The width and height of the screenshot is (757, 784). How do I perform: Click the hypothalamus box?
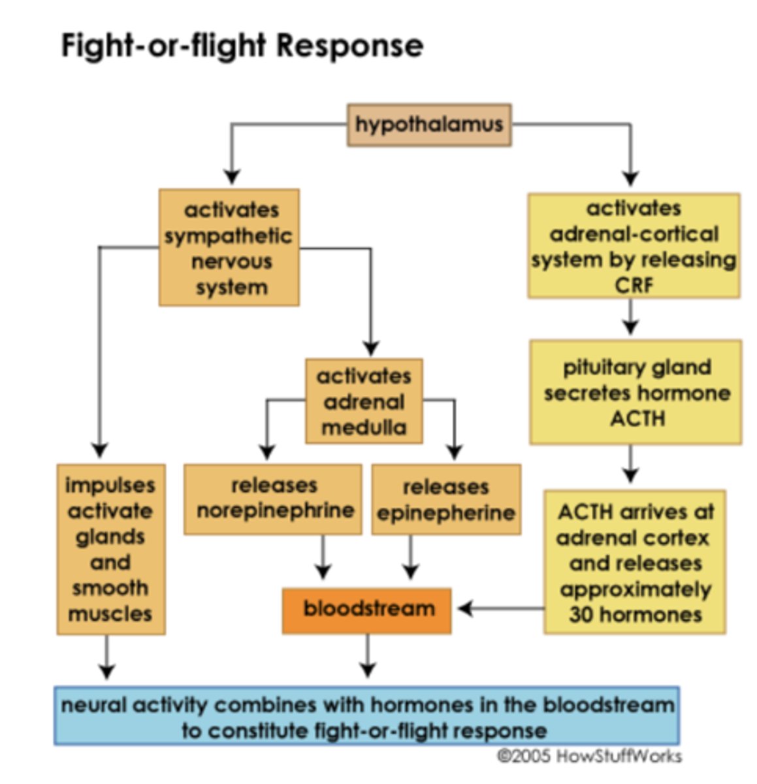click(428, 124)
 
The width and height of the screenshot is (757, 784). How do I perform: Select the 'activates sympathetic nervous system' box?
click(229, 248)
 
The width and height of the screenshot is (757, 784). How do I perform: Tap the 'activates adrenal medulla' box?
click(364, 401)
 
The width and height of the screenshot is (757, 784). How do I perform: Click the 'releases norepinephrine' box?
click(273, 499)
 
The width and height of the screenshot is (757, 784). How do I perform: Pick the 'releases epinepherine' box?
click(446, 500)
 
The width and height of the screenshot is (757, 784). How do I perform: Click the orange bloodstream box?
click(367, 610)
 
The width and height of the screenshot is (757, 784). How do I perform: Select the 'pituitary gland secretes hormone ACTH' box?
click(636, 392)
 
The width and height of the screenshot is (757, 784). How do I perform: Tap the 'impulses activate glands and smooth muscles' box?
click(110, 549)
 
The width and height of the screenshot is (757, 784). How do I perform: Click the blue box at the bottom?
click(366, 716)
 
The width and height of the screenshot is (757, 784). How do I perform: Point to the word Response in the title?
click(349, 46)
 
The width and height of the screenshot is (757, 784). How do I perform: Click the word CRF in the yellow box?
click(633, 286)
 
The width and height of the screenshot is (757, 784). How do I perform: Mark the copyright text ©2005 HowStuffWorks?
click(589, 757)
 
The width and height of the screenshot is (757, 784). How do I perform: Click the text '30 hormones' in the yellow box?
click(635, 615)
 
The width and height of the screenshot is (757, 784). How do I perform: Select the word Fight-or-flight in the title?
click(164, 46)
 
